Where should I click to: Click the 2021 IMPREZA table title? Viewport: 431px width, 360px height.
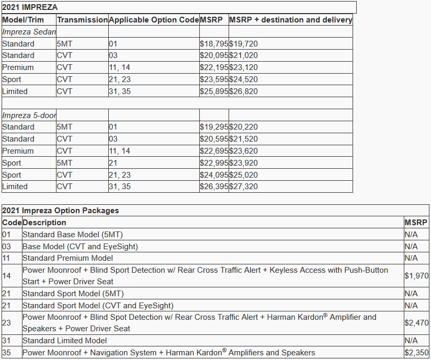tap(30, 7)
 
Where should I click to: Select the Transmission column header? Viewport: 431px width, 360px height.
tap(82, 20)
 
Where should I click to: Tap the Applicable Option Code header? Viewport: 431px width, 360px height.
tap(154, 20)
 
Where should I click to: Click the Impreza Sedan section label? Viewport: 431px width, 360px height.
tap(29, 32)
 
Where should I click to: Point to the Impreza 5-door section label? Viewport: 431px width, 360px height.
tap(29, 115)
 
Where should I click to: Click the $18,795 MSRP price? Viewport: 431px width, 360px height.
tap(214, 44)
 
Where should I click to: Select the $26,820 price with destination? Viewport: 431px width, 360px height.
tap(244, 91)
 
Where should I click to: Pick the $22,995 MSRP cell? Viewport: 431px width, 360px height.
tap(214, 163)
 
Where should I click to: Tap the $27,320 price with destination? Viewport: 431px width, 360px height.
tap(244, 187)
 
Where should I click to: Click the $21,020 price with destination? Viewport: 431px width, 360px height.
tap(244, 55)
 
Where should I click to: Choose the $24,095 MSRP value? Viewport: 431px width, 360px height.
tap(214, 175)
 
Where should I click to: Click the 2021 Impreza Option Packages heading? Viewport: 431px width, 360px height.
tap(60, 211)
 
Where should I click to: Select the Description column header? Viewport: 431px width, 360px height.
tap(44, 223)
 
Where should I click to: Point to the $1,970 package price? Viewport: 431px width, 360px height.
tap(416, 276)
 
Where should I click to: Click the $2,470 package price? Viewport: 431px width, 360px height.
tap(416, 323)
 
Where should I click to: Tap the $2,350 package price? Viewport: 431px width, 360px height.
tap(416, 353)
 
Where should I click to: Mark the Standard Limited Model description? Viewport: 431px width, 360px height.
tap(64, 341)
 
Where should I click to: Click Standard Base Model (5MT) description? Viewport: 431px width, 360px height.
tap(73, 235)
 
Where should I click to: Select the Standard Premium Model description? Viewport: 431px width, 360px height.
tap(67, 258)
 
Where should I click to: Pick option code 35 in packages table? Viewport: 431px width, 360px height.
tap(6, 353)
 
